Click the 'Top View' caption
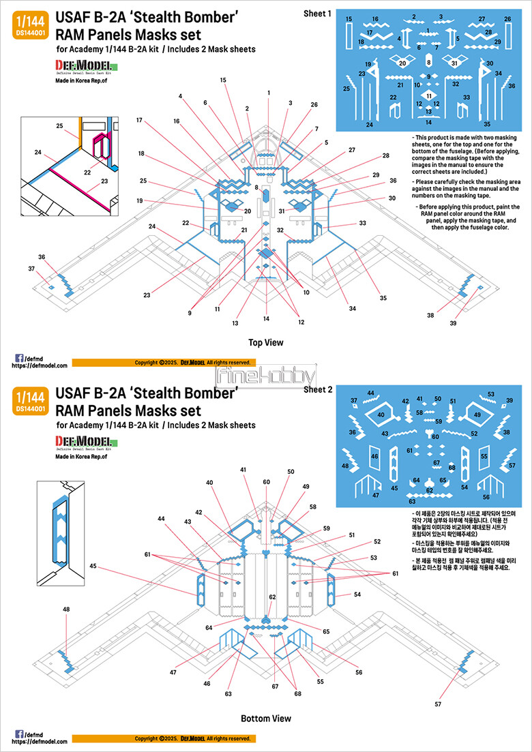pyautogui.click(x=266, y=343)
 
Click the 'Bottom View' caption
pyautogui.click(x=266, y=718)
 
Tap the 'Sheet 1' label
pyautogui.click(x=317, y=14)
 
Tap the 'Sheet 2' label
pyautogui.click(x=317, y=389)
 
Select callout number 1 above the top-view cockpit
pyautogui.click(x=269, y=92)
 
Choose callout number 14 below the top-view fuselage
pyautogui.click(x=267, y=318)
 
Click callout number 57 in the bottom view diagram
pyautogui.click(x=438, y=703)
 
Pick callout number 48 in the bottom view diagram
pyautogui.click(x=66, y=609)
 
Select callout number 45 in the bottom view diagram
pyautogui.click(x=93, y=565)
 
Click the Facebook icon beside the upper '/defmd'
pyautogui.click(x=18, y=357)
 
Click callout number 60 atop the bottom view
pyautogui.click(x=267, y=481)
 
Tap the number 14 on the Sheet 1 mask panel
pyautogui.click(x=428, y=122)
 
